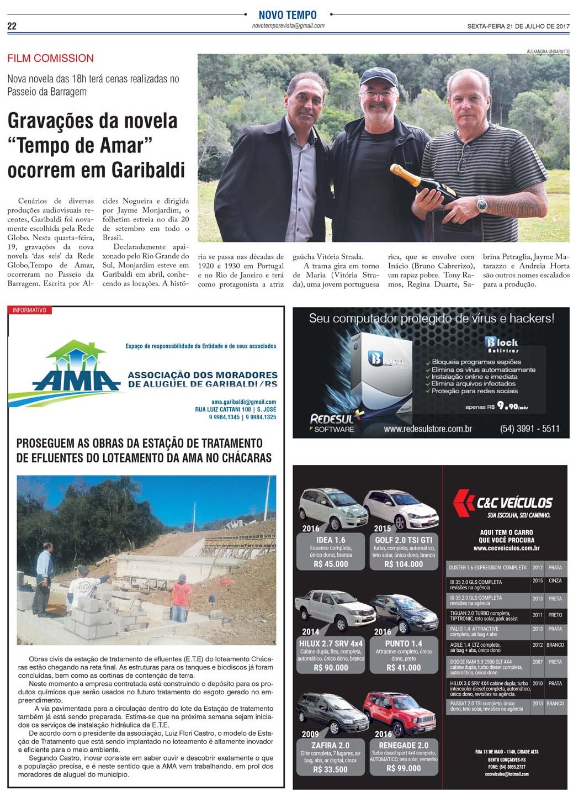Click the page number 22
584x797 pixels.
point(12,26)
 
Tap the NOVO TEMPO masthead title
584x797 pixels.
point(288,15)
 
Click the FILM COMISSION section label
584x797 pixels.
point(50,58)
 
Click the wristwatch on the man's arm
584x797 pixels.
point(482,204)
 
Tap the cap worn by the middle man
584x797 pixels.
point(379,78)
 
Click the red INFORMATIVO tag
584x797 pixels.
point(30,310)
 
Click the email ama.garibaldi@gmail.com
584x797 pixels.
point(243,402)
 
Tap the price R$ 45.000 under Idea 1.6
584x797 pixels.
point(331,564)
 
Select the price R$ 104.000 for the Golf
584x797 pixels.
point(404,564)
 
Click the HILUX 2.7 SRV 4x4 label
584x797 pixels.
point(331,643)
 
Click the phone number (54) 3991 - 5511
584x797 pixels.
point(529,428)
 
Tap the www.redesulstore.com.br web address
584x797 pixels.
point(427,429)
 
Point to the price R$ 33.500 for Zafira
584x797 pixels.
point(331,769)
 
